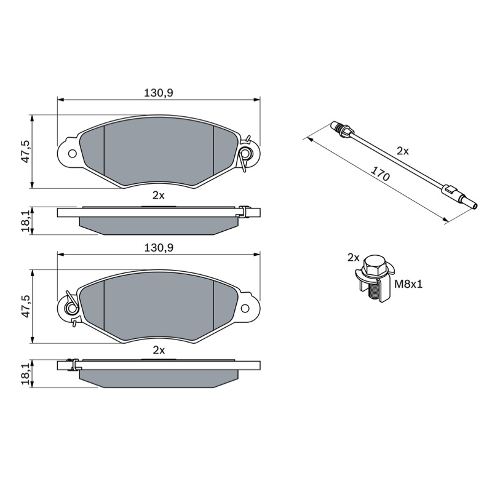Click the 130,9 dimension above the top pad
point(159,93)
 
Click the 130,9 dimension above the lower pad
point(159,248)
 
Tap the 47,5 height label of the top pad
point(26,151)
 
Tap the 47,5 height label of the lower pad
point(26,306)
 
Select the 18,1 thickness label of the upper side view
point(26,221)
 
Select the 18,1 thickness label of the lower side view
point(26,375)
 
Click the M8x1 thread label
point(408,284)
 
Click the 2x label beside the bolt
point(353,258)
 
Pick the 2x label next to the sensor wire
point(403,151)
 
